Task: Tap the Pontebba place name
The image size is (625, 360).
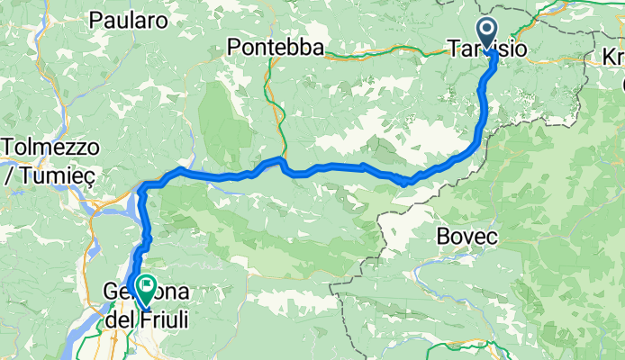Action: [275, 47]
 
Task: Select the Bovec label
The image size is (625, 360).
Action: [466, 237]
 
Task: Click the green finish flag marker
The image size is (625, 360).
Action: [143, 289]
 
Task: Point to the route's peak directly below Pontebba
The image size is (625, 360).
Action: [278, 159]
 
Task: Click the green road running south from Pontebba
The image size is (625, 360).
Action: [271, 99]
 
